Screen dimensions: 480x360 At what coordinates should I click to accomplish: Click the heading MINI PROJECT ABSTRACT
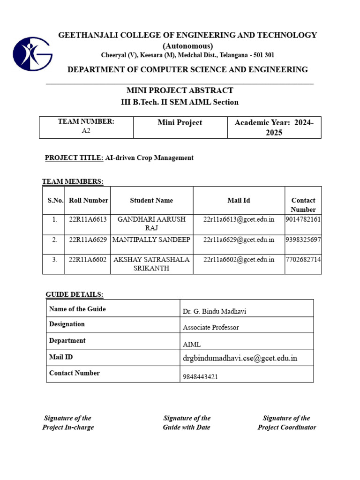pos(180,90)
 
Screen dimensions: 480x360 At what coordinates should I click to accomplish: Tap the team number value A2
pos(86,131)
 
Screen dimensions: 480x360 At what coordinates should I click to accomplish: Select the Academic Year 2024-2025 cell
pos(274,127)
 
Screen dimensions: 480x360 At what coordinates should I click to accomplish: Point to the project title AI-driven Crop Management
pos(149,158)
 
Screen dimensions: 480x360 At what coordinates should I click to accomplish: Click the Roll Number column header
pos(89,200)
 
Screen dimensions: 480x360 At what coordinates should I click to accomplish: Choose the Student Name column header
pos(151,200)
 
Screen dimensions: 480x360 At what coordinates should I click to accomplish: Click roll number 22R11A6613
pos(88,219)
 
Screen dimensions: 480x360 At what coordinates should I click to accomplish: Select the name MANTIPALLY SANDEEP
pos(151,240)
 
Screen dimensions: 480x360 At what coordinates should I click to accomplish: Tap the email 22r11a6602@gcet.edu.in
pos(239,259)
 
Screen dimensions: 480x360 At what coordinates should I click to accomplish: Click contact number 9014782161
pos(303,219)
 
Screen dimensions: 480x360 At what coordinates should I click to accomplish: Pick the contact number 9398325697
pos(303,240)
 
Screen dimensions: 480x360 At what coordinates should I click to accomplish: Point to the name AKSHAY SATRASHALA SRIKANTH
pos(151,264)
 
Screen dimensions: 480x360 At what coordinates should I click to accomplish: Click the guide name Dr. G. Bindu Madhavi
pos(214,312)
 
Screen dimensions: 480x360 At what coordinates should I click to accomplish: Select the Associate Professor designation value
pos(210,328)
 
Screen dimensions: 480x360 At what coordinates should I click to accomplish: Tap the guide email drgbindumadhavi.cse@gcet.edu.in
pos(240,359)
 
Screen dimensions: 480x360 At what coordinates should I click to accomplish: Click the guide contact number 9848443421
pos(200,377)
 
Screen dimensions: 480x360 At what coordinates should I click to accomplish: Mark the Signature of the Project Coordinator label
pos(286,422)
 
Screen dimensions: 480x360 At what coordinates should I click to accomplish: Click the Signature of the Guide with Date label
pos(187,422)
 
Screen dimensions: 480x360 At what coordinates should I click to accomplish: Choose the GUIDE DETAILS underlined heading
pos(75,294)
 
